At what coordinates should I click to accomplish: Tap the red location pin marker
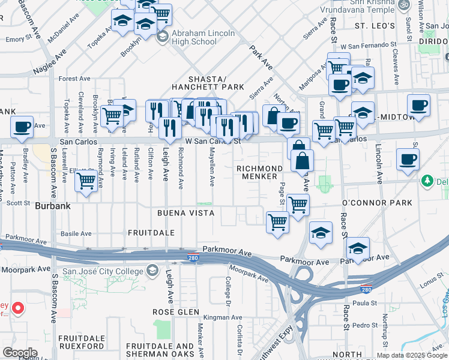(17, 309)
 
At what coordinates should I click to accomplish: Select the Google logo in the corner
(20, 353)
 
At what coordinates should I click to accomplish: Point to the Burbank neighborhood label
(53, 205)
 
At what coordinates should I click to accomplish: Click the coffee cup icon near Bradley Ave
(22, 127)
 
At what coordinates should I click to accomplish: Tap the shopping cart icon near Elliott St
(86, 179)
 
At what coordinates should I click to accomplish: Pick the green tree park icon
(427, 180)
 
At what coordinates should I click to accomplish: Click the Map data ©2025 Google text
(412, 355)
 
